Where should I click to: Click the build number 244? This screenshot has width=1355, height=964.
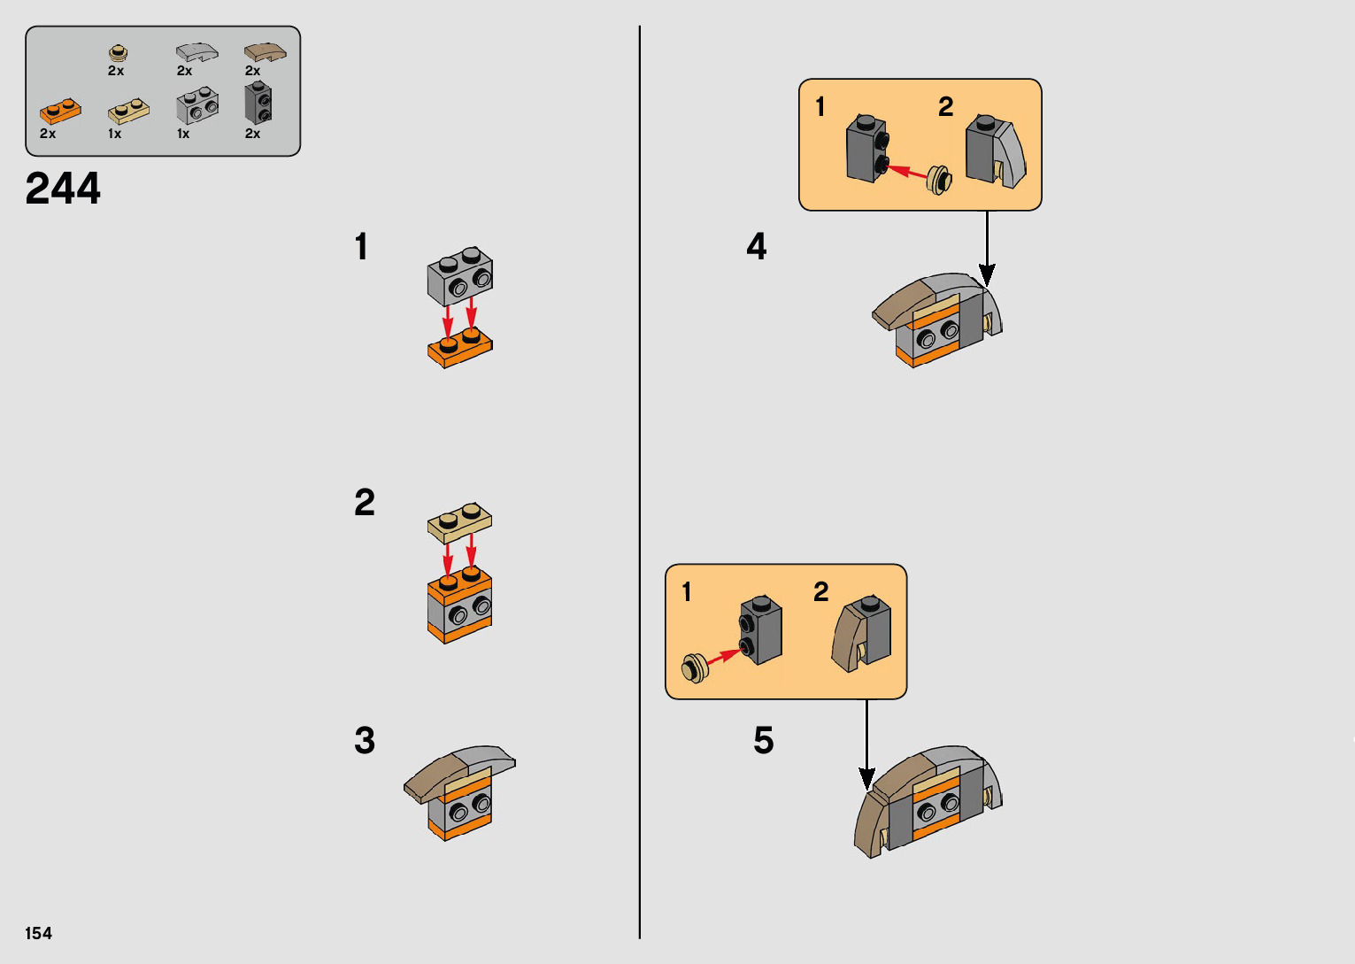click(63, 189)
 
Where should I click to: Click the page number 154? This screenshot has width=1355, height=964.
click(39, 933)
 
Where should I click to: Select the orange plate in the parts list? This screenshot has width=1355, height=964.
click(60, 112)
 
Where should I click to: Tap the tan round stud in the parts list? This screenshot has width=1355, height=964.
click(118, 52)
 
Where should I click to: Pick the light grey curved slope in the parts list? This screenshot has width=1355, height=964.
click(197, 52)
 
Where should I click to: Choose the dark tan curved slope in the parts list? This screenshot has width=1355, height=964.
click(265, 52)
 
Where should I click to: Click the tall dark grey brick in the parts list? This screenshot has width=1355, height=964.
click(258, 103)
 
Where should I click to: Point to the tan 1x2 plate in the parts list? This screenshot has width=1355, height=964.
click(129, 112)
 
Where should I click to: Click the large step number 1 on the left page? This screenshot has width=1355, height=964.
click(362, 246)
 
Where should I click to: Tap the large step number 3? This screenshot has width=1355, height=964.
click(365, 740)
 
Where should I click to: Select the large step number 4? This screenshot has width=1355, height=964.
click(757, 246)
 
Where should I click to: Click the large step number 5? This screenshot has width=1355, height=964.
click(764, 740)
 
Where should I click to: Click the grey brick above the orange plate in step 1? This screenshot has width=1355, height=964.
click(460, 276)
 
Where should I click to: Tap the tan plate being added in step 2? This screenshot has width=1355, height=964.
click(459, 523)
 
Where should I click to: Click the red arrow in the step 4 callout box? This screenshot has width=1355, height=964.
click(906, 172)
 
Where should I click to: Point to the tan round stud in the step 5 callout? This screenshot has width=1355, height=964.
click(695, 668)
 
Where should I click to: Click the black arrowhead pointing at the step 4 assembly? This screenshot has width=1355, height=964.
click(987, 274)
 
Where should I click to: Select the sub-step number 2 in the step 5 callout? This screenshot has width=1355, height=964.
click(820, 592)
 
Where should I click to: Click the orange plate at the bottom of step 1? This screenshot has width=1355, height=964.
click(459, 349)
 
